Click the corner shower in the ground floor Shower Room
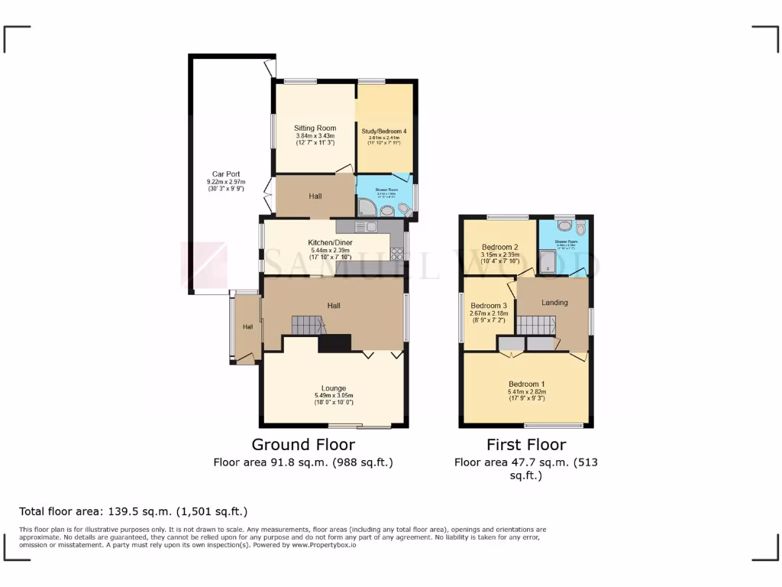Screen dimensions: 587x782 [x=364, y=207]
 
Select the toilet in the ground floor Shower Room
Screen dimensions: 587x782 [x=402, y=206]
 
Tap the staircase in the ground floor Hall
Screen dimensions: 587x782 [x=308, y=325]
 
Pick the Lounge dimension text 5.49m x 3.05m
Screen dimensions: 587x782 [x=334, y=396]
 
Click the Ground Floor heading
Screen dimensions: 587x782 [x=303, y=445]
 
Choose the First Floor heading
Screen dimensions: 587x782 [x=526, y=445]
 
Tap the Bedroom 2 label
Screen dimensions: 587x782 [x=500, y=247]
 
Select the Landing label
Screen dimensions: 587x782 [x=554, y=303]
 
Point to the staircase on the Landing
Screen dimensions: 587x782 [x=535, y=325]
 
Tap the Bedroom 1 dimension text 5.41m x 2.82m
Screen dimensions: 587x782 [x=526, y=392]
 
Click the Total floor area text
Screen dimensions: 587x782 [x=133, y=511]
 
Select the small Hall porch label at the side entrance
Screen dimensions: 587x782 [x=247, y=327]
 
